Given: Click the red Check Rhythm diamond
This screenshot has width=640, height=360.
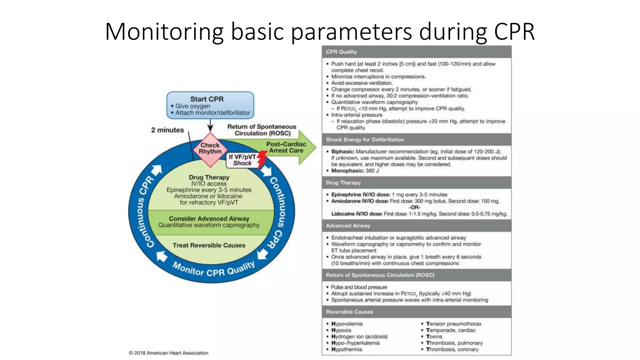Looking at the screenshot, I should coord(210,149).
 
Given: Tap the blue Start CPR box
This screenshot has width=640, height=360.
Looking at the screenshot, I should coord(210,105).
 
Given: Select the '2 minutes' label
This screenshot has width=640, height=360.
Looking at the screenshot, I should coord(167,130).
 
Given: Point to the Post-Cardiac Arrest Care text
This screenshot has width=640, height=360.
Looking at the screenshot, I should coord(286,147).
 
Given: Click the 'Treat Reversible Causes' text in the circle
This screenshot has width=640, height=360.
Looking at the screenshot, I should coord(209,245).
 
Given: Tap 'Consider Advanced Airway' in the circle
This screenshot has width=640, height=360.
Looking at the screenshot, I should coord(209,219).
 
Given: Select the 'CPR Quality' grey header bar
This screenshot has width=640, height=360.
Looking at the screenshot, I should coord(416,52).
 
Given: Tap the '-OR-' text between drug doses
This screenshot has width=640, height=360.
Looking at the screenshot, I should coord(415,207).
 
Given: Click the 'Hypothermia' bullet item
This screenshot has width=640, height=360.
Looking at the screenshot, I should coord(347,349).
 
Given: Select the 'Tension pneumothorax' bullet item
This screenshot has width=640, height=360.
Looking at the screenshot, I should coord(453,324).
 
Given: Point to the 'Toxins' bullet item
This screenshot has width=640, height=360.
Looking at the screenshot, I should coord(434,337).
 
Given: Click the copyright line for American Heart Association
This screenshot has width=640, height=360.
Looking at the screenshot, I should coord(168,353).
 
